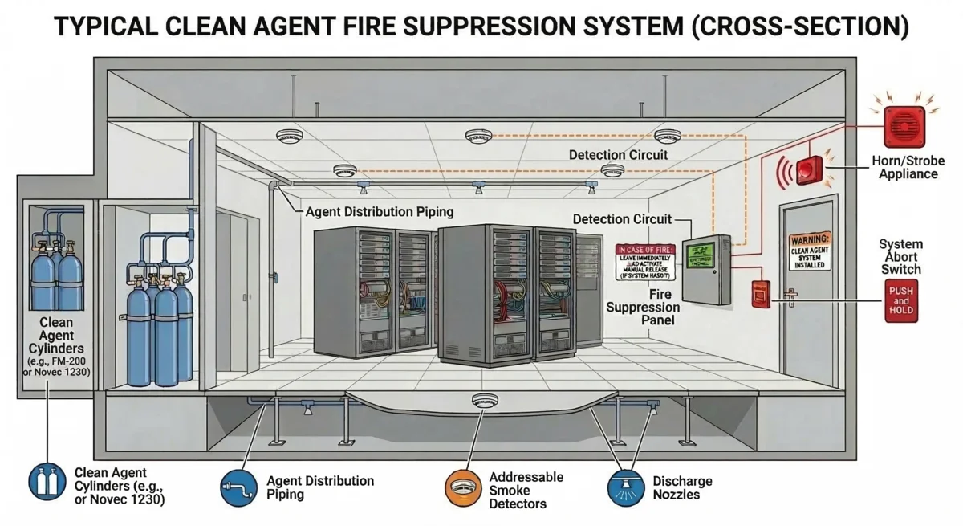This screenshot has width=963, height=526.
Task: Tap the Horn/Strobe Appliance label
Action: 904,167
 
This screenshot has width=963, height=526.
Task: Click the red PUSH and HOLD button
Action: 900,302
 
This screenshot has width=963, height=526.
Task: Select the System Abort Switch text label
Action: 900,257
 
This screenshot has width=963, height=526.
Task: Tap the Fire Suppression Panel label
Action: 643,308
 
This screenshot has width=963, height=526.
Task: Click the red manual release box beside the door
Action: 760,295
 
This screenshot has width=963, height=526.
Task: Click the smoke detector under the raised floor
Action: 486,400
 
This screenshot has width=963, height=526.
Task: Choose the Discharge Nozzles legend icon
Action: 626,487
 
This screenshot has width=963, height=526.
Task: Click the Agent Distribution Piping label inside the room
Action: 380,213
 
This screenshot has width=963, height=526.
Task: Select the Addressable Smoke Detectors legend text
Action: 526,490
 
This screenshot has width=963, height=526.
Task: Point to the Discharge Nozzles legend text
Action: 682,487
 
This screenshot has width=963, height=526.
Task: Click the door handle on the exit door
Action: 792,300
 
